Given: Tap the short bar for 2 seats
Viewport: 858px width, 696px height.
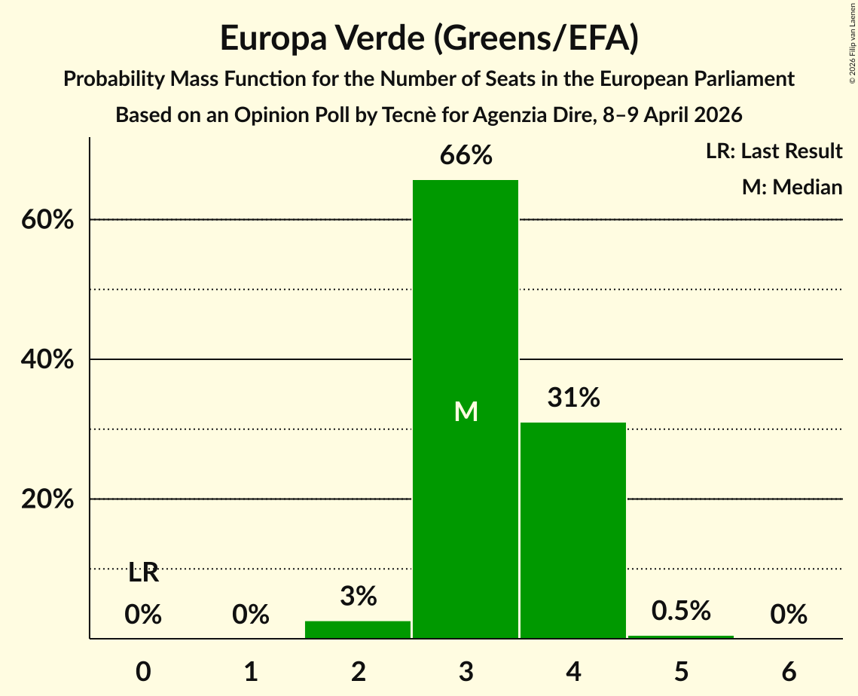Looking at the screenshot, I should click(358, 630).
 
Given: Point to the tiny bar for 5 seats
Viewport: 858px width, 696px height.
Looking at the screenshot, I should click(681, 636).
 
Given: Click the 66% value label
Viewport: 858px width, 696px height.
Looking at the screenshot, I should click(466, 156).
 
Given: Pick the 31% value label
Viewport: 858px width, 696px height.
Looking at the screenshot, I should click(573, 398).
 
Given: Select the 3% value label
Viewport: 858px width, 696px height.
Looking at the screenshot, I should click(358, 597).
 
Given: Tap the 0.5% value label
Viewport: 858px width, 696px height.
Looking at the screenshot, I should click(681, 611).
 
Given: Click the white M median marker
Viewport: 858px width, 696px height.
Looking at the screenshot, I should click(466, 411).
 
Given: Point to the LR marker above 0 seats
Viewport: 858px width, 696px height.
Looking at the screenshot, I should click(143, 573).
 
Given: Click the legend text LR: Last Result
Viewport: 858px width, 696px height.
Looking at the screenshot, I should click(774, 151).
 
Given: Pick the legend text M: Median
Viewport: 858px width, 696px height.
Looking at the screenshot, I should click(792, 187).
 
